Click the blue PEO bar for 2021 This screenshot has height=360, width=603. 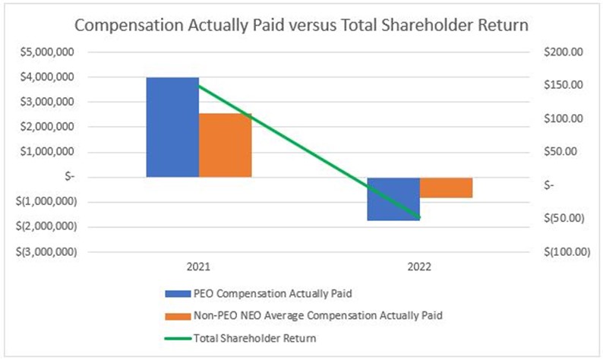172,127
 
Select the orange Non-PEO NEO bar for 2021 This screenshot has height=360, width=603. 225,145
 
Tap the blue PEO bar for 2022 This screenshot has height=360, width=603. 393,199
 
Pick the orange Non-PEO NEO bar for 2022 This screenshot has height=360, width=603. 446,188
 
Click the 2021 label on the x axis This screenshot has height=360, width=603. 199,267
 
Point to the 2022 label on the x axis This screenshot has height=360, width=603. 419,267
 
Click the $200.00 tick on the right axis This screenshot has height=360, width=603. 563,52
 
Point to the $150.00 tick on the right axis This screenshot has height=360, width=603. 563,85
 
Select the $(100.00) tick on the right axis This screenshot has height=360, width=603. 563,251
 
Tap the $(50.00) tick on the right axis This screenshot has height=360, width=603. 563,219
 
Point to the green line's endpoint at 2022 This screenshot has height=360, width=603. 419,218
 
